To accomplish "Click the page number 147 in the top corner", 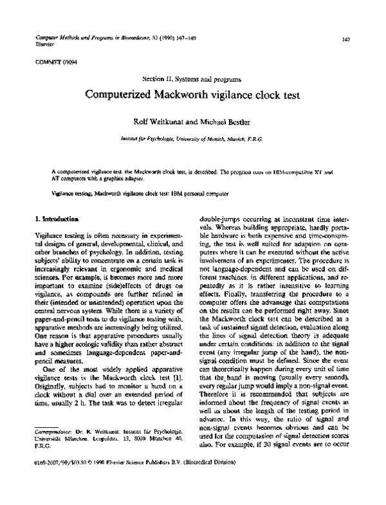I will click(x=345, y=39).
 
